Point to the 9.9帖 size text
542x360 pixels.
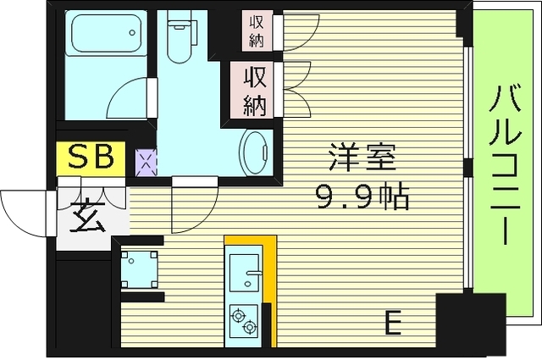[x=363, y=198]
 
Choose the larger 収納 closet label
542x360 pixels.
[x=256, y=91]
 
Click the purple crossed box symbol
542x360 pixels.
[x=146, y=160]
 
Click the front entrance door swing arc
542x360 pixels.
[x=21, y=212]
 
